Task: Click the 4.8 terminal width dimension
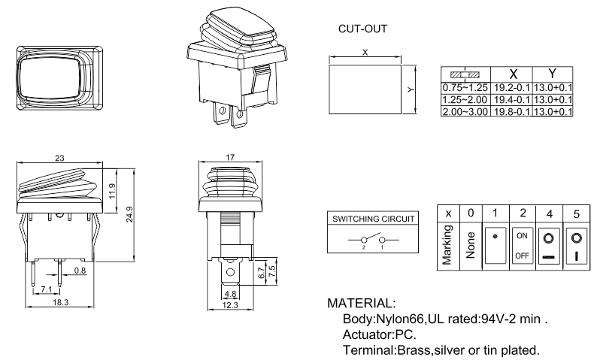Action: pos(231,294)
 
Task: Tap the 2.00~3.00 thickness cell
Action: pos(465,111)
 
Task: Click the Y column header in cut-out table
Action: pos(553,74)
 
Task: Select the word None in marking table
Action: pos(470,245)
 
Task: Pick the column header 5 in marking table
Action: pos(576,213)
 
